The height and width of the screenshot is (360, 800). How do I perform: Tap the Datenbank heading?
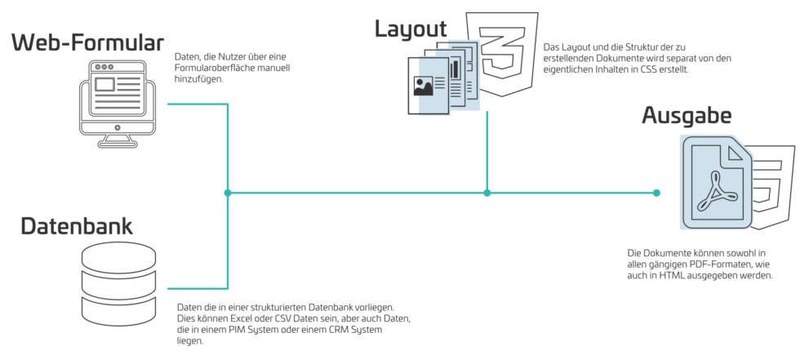77,226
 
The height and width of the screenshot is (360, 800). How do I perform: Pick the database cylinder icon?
119,282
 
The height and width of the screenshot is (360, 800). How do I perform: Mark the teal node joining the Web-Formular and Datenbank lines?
228,193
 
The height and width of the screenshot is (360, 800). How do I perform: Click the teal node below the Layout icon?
487,193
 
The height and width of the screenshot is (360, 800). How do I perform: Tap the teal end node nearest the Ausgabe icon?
656,193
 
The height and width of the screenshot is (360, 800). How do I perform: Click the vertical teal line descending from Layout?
487,147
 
